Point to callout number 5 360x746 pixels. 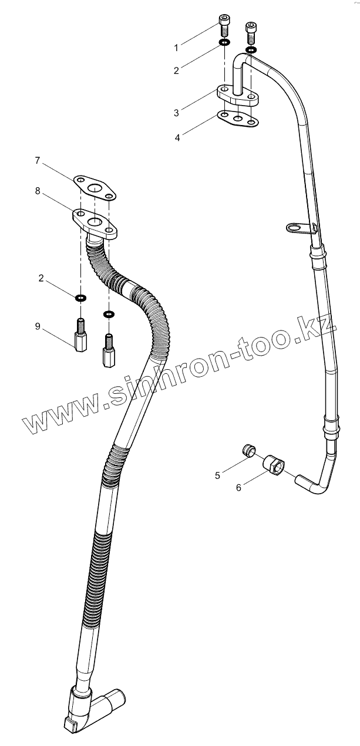point(217,475)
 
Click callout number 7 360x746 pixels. point(37,160)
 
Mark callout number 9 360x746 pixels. point(37,326)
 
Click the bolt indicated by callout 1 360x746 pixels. point(224,25)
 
